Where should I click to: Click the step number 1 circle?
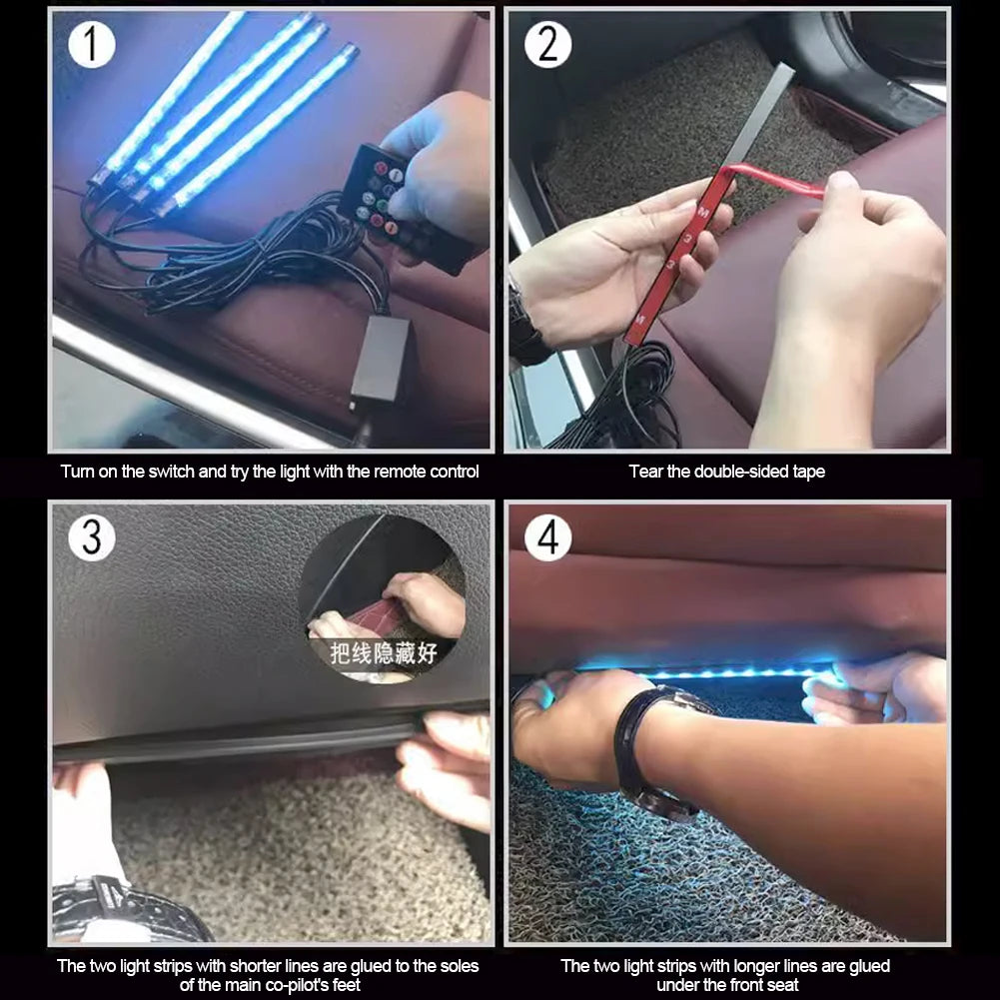(x=92, y=45)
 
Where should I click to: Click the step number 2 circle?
(x=547, y=45)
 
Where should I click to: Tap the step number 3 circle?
(x=92, y=537)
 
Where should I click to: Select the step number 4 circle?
(x=547, y=537)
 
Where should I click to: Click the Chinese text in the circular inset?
(x=385, y=653)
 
